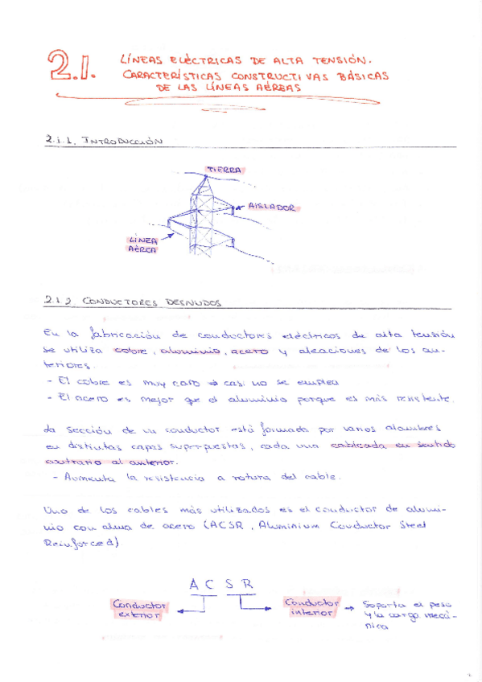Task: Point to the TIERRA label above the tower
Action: [223, 169]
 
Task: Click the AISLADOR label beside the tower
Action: [272, 207]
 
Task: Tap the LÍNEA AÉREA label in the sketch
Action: [143, 244]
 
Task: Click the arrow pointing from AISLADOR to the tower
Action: [239, 207]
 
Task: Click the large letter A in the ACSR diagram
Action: [194, 585]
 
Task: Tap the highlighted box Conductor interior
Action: [311, 607]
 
